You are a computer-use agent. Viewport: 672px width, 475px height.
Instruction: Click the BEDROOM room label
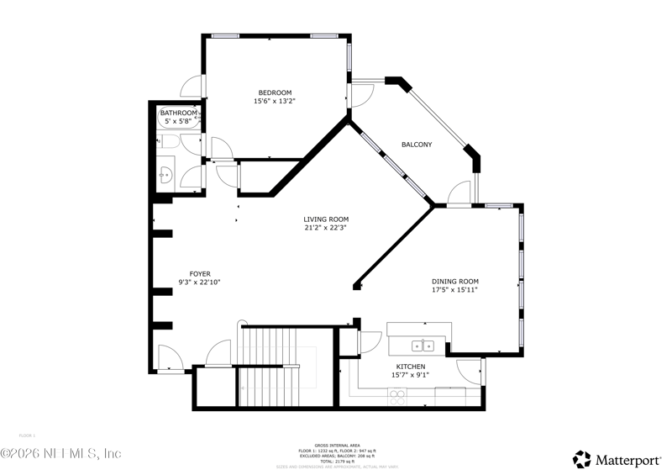click(275, 92)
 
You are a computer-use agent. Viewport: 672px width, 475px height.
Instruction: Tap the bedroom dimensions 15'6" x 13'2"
click(275, 101)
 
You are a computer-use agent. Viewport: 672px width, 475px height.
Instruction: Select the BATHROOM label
click(179, 113)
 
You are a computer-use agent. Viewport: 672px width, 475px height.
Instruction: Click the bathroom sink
click(165, 176)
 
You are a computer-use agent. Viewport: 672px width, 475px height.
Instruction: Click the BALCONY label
click(417, 145)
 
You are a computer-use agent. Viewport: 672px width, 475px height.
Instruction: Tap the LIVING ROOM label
click(326, 219)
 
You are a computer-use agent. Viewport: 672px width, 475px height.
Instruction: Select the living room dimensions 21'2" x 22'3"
click(326, 228)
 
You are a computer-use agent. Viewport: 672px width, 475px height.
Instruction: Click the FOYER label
click(200, 274)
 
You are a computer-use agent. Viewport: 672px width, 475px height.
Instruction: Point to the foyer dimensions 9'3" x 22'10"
click(200, 282)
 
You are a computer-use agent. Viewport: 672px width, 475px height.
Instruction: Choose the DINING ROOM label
click(455, 282)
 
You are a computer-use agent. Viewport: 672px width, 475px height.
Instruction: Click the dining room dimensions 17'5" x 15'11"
click(455, 290)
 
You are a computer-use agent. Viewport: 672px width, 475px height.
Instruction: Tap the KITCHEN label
click(411, 367)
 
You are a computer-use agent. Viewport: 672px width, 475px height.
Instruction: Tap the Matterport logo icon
click(581, 459)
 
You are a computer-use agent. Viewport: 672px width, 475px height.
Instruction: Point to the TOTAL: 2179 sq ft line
click(336, 462)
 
